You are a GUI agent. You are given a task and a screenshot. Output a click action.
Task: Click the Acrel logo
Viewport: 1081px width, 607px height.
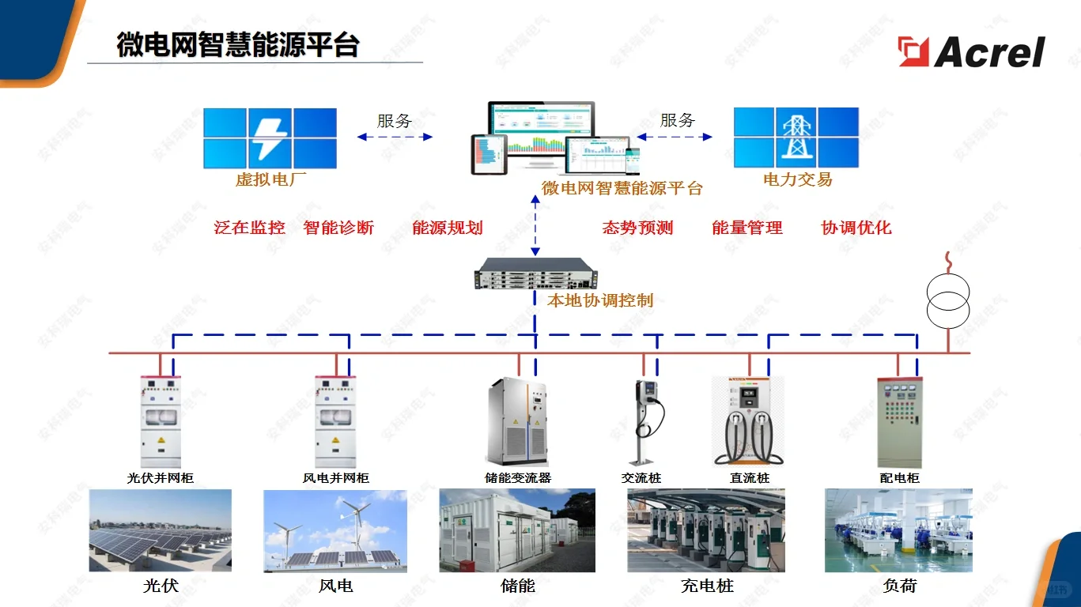point(972,52)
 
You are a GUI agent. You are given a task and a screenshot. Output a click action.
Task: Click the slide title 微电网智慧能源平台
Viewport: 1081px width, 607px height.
point(238,44)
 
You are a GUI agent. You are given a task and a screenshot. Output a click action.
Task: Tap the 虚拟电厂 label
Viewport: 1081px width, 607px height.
point(270,179)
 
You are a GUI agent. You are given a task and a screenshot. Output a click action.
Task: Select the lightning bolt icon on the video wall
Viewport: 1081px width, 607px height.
point(270,138)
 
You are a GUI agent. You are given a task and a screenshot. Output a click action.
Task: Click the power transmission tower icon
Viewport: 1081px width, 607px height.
point(795,138)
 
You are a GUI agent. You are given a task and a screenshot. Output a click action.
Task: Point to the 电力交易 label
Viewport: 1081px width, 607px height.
point(797,179)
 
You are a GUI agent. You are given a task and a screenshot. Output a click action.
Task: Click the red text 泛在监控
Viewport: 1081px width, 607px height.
point(250,228)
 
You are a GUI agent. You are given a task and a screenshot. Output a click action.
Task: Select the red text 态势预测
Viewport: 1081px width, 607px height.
point(637,228)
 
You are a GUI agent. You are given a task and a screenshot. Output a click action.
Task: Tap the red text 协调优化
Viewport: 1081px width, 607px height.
point(856,228)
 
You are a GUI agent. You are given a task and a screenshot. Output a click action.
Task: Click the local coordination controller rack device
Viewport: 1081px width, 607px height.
point(535,273)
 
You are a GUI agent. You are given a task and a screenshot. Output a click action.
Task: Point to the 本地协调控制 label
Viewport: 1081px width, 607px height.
point(600,300)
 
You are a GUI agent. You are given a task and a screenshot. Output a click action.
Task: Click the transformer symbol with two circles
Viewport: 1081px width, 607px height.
point(947,301)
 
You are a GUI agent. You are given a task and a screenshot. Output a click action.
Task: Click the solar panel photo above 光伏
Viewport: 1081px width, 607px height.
point(161,530)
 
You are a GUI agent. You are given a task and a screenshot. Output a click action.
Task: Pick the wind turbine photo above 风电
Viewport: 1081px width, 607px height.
point(335,530)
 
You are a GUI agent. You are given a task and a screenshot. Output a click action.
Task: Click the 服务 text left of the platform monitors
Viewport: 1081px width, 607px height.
point(394,121)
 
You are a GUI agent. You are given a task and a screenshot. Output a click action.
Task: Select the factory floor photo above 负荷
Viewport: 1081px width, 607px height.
point(898,530)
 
